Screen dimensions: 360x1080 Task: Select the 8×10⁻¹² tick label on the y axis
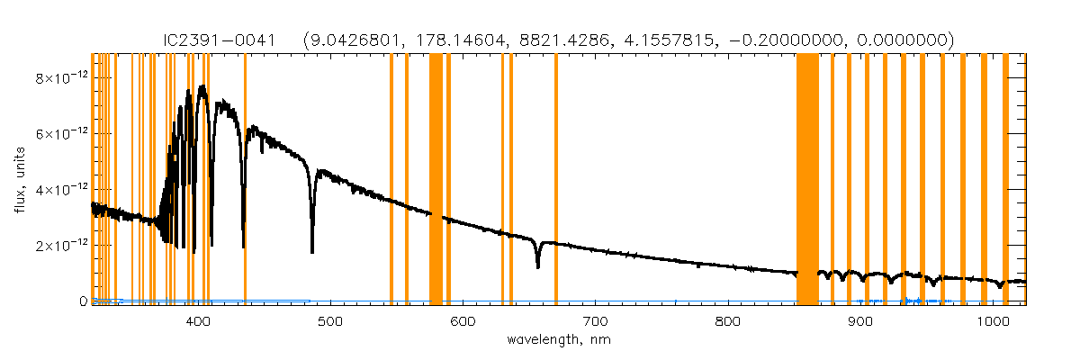pyautogui.click(x=58, y=78)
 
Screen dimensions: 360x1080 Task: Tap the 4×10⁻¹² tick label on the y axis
pyautogui.click(x=58, y=190)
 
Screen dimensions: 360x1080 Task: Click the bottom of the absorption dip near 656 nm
pyautogui.click(x=538, y=267)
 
